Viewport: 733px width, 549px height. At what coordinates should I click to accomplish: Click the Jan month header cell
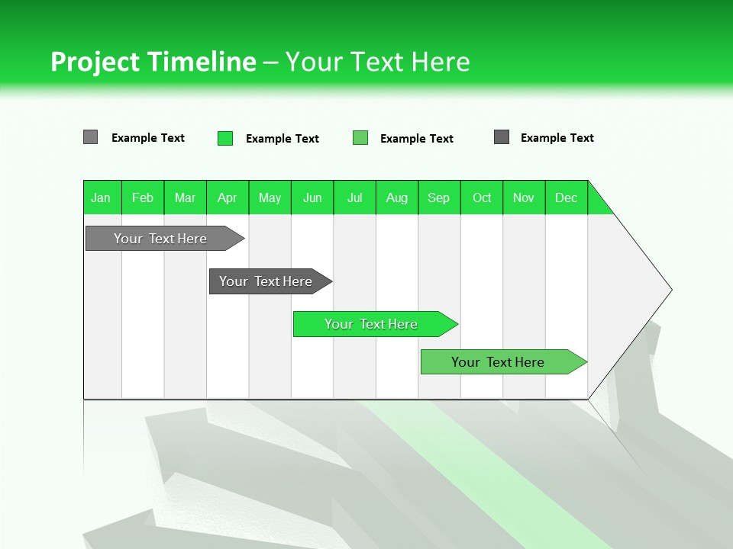102,197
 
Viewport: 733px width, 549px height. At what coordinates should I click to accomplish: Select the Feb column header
143,197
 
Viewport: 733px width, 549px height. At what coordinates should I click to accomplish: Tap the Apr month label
228,197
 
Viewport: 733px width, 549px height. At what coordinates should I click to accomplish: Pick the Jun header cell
312,197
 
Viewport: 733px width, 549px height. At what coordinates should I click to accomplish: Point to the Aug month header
397,197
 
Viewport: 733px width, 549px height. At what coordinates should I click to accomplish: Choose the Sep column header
439,197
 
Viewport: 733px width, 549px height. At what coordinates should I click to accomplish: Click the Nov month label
524,197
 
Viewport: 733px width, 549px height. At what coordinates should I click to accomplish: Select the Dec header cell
567,197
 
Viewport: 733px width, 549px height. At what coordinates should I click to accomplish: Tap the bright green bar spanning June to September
372,324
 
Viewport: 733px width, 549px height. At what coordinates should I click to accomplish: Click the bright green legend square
225,138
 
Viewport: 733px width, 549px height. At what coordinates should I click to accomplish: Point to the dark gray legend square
502,137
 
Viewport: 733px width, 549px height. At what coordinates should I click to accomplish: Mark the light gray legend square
91,137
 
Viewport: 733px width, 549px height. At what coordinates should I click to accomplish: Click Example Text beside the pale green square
417,139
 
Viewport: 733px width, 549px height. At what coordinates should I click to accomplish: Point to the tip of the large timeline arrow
670,290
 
